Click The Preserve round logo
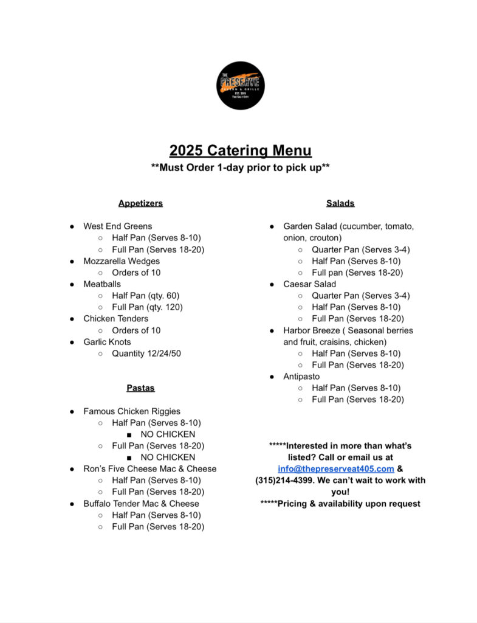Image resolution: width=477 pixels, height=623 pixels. (x=241, y=86)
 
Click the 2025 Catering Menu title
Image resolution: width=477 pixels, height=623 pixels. (x=241, y=150)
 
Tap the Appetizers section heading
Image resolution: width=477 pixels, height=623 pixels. (x=140, y=203)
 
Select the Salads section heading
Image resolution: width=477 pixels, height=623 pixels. (x=340, y=203)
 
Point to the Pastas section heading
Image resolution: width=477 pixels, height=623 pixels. (x=140, y=388)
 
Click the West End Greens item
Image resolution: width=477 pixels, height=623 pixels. (x=118, y=226)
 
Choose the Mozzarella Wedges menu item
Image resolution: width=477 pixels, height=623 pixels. (x=122, y=261)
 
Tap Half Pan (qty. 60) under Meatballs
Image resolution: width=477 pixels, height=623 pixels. (x=146, y=296)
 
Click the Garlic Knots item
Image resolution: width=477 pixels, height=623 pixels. (x=107, y=342)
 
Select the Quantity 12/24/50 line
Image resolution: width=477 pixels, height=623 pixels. (x=146, y=353)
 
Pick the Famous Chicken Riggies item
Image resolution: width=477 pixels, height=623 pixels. (x=132, y=411)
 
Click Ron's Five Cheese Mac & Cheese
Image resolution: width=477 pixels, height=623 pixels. (x=150, y=468)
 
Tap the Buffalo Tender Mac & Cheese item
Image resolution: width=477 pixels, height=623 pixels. (x=141, y=503)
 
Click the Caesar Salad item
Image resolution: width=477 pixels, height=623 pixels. (x=309, y=284)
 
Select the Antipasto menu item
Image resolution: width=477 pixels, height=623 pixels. (x=301, y=377)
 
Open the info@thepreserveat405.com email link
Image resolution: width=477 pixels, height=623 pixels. (x=336, y=468)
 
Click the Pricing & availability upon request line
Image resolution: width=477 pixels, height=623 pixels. (x=340, y=503)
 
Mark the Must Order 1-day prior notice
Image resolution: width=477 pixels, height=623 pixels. (x=241, y=167)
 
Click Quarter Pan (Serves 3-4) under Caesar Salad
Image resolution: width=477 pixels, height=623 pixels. (x=361, y=296)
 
